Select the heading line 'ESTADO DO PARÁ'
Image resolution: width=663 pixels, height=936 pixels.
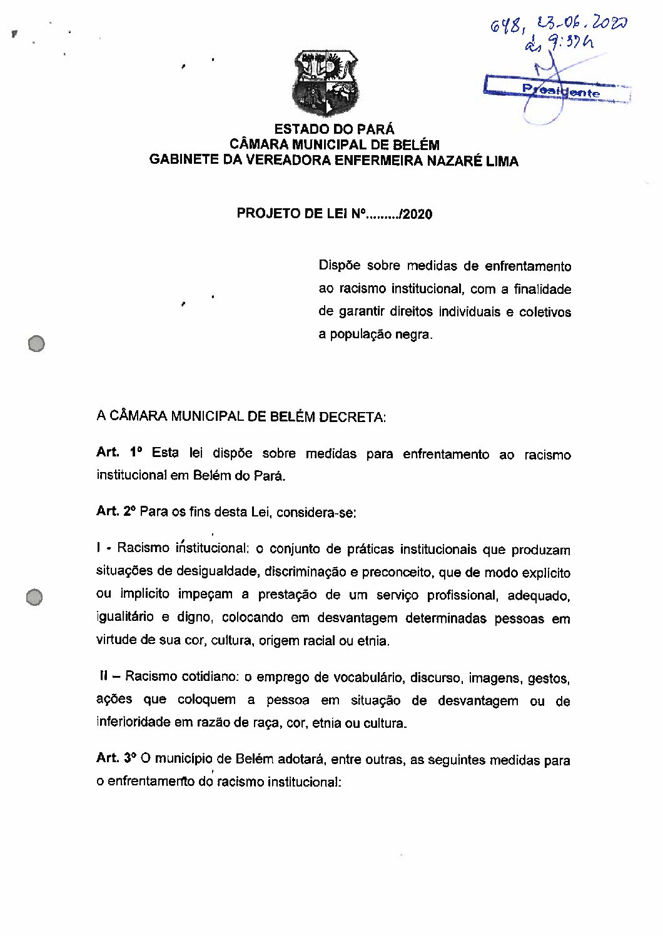335,129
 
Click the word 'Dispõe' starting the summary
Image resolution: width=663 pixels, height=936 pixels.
339,266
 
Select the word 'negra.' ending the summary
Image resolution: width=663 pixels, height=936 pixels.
413,335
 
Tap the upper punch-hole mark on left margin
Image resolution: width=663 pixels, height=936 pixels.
37,343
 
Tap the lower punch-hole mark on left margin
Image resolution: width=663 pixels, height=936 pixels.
34,597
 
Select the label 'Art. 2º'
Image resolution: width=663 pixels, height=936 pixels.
116,511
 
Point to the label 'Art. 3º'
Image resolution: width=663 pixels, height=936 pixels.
116,758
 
